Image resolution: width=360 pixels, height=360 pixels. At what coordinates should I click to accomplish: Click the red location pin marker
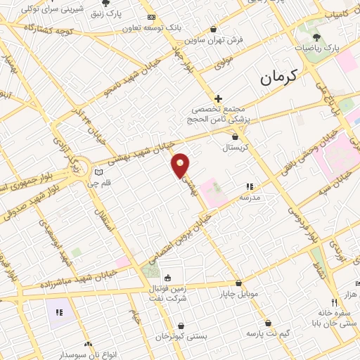(x=181, y=165)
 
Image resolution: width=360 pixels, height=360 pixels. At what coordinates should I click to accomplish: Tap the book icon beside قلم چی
(x=99, y=172)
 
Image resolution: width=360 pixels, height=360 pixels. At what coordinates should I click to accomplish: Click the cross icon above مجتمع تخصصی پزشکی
(x=219, y=98)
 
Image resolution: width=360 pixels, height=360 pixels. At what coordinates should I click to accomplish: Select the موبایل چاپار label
(x=239, y=292)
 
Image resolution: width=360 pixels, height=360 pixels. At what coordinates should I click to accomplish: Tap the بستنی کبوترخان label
(x=182, y=336)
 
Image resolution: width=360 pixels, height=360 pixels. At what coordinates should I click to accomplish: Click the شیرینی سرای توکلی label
(x=46, y=10)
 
